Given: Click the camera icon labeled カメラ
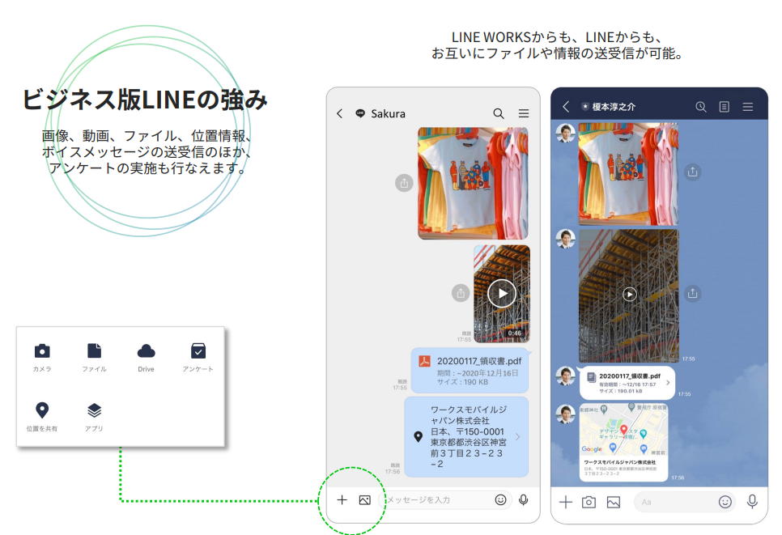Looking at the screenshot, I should pos(42,350).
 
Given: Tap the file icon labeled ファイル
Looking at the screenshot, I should pos(94,350).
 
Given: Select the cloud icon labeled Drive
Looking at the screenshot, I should pos(146,350).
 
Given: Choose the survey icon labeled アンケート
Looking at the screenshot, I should pos(198,350).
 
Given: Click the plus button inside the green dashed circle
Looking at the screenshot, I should pos(342,500).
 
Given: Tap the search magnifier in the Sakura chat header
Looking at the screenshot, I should pos(499,113).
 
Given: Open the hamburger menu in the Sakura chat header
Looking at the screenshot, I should pos(524,113).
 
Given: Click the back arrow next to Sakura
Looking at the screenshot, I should pos(339,113).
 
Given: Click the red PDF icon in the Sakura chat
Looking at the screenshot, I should pos(423,361).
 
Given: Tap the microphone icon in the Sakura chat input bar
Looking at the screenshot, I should pos(524,500).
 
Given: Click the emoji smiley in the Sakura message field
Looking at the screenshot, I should pos(500,500).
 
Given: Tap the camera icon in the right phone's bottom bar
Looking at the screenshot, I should pos(589,502).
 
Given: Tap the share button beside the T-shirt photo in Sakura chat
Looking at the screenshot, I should pos(404,183).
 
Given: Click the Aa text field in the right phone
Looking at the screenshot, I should pos(676,502).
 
